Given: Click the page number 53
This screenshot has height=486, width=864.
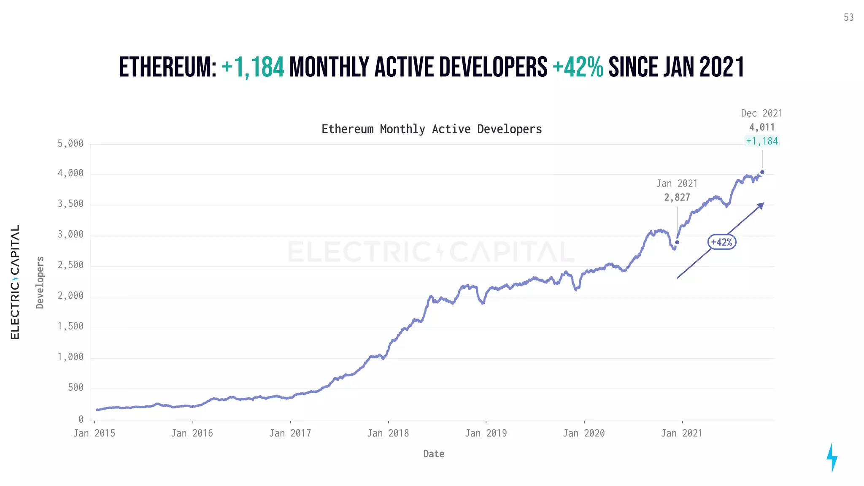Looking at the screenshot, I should tap(848, 18).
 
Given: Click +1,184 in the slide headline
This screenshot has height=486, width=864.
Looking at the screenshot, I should tap(253, 67).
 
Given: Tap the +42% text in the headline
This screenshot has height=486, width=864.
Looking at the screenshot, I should tap(578, 67).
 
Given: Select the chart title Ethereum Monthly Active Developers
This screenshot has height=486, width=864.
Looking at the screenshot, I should tap(432, 129).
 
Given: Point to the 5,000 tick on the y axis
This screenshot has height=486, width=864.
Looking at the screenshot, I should tap(70, 144).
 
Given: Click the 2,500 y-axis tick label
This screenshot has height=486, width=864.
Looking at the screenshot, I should tap(70, 265).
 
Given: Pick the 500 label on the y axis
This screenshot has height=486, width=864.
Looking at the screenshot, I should tap(76, 388).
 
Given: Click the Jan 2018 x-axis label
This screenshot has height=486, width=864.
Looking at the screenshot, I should tap(388, 433).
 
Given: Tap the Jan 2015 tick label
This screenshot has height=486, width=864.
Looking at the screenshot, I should tap(94, 433).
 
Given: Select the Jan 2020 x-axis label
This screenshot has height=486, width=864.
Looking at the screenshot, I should tap(584, 433).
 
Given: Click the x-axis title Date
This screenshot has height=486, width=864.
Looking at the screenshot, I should tap(434, 454).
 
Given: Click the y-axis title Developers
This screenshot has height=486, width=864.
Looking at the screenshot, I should tap(40, 283).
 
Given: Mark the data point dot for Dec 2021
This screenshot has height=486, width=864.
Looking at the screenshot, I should tap(762, 172).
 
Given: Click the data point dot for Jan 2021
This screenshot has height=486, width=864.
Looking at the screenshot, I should tap(677, 242).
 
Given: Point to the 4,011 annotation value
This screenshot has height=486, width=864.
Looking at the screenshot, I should tap(762, 127).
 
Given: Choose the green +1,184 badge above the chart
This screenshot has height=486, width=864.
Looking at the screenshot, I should tap(762, 141).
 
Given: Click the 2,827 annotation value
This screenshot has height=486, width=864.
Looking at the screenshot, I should tap(677, 197).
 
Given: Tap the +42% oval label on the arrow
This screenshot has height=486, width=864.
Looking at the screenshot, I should tap(721, 242).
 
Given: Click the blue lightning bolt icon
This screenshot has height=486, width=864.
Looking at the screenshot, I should tap(832, 457).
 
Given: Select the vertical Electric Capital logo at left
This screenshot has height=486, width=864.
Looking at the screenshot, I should tap(15, 282).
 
